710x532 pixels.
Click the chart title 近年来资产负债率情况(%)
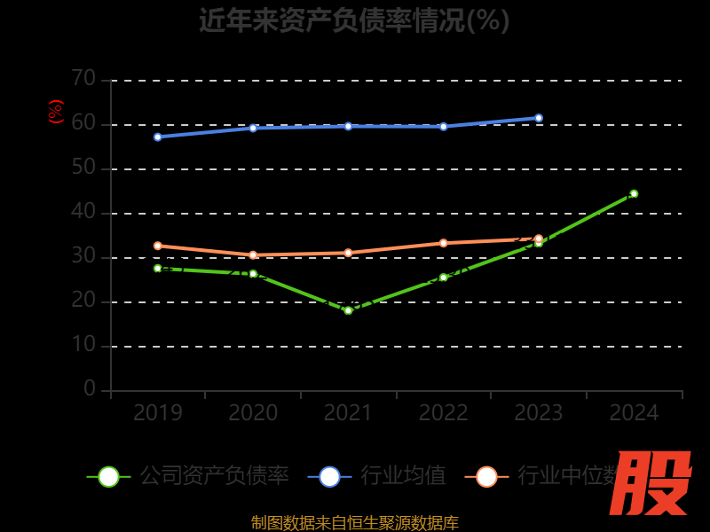(x=354, y=20)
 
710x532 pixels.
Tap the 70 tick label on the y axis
(x=83, y=79)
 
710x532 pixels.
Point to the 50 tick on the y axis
(x=83, y=168)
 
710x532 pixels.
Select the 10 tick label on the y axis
(x=83, y=345)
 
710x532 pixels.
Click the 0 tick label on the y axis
(x=90, y=389)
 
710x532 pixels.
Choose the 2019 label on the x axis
(x=158, y=413)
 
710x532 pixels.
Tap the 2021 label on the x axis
(x=348, y=413)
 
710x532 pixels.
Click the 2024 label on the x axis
(x=634, y=413)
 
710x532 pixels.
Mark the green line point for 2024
(x=634, y=193)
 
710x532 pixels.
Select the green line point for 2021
(x=348, y=310)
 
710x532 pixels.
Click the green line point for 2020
(x=253, y=274)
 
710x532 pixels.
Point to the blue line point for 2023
(x=539, y=118)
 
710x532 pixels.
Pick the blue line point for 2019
(x=158, y=137)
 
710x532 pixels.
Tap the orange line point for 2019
(x=158, y=246)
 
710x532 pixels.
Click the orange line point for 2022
(x=444, y=243)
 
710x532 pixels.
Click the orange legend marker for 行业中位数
(x=486, y=476)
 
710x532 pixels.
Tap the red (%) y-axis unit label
(x=56, y=112)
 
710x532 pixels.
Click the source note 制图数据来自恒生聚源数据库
(x=354, y=522)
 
